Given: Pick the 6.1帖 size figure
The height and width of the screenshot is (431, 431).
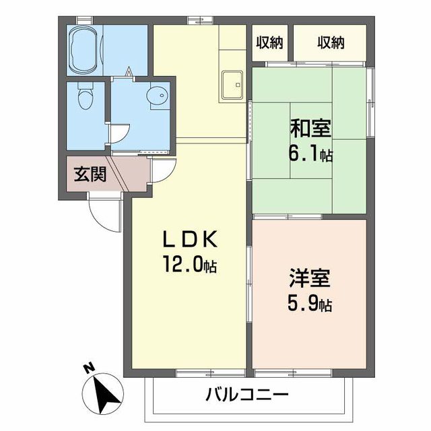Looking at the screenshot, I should (311, 155).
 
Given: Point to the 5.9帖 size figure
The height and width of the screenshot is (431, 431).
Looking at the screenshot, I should (310, 304).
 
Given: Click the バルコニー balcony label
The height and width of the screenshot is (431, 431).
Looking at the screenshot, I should (247, 393).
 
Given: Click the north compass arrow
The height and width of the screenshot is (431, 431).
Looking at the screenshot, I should (102, 393).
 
